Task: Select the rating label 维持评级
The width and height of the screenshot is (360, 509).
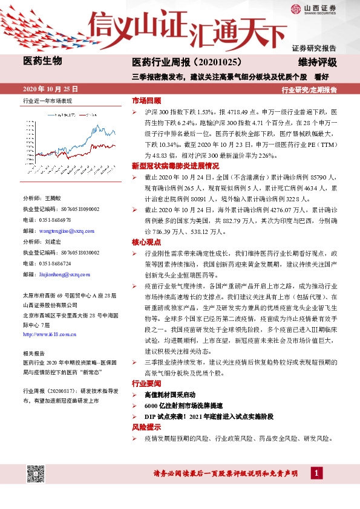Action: [x=317, y=62]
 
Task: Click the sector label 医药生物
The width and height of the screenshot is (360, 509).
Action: [x=42, y=61]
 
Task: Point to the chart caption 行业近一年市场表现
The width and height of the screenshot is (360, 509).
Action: [x=47, y=101]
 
